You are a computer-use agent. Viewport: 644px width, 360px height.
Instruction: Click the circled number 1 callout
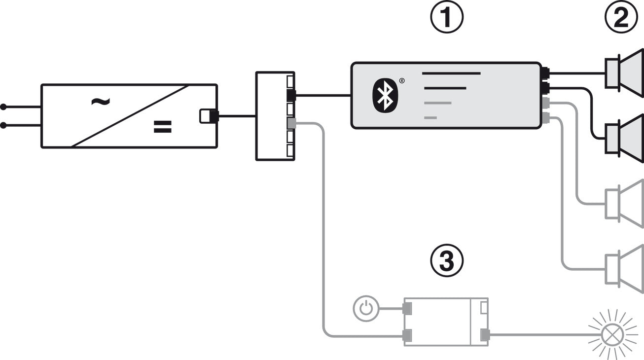[447, 17]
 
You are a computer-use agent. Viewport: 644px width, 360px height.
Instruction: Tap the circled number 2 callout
[621, 17]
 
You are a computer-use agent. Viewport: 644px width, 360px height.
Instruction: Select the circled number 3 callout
[447, 261]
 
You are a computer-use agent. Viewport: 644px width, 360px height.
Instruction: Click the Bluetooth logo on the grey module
[385, 95]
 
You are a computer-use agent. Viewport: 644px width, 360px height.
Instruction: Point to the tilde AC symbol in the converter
[100, 101]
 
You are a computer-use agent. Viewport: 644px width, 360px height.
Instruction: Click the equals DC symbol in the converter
[162, 127]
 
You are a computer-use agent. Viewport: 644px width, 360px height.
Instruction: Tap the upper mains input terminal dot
[3, 107]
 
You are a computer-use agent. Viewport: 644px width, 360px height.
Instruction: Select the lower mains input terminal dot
[3, 125]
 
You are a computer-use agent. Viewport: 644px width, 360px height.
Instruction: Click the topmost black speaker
[624, 73]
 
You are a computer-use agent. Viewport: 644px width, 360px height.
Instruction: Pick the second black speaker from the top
[624, 138]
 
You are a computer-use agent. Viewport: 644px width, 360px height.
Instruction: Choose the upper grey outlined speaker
[624, 204]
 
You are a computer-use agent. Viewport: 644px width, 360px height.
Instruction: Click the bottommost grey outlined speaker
[624, 269]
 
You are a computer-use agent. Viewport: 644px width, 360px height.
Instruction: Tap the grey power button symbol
[366, 308]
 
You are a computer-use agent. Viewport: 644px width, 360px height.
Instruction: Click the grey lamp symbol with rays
[612, 334]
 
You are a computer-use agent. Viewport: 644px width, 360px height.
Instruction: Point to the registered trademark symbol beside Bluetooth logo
[402, 80]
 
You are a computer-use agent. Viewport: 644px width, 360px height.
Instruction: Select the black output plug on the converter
[214, 116]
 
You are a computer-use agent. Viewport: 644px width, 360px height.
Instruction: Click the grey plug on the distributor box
[291, 123]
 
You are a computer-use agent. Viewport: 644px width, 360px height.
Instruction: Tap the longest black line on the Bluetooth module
[451, 73]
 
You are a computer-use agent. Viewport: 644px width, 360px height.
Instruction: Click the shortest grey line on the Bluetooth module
[430, 117]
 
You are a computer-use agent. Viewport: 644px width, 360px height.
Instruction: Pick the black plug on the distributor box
[291, 95]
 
